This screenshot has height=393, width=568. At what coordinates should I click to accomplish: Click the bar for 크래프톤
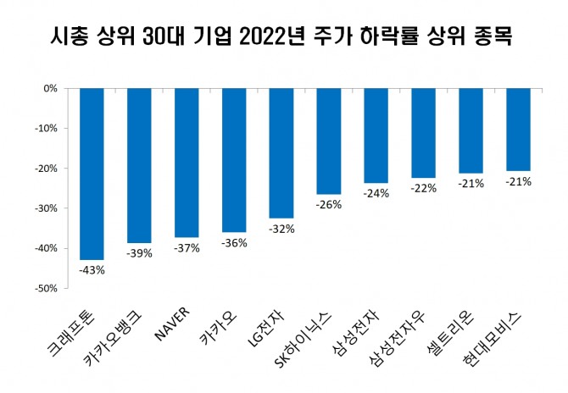[x=92, y=174]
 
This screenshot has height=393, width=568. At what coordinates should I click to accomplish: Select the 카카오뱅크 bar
[x=139, y=165]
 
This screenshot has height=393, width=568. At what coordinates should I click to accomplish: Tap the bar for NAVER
[x=187, y=162]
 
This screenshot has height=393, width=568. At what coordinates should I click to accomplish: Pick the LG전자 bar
[x=281, y=152]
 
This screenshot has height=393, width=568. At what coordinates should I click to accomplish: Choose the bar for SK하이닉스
[x=329, y=141]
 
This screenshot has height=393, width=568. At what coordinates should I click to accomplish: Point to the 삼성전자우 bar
[x=424, y=133]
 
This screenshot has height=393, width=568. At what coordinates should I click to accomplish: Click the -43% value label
[x=92, y=270]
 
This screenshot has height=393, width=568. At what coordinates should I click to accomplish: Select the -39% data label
[x=139, y=253]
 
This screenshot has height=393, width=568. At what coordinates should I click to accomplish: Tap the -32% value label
[x=281, y=228]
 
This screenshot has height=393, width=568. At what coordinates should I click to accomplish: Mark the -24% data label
[x=376, y=193]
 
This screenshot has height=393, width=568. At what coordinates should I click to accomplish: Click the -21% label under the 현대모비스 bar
[x=519, y=181]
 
